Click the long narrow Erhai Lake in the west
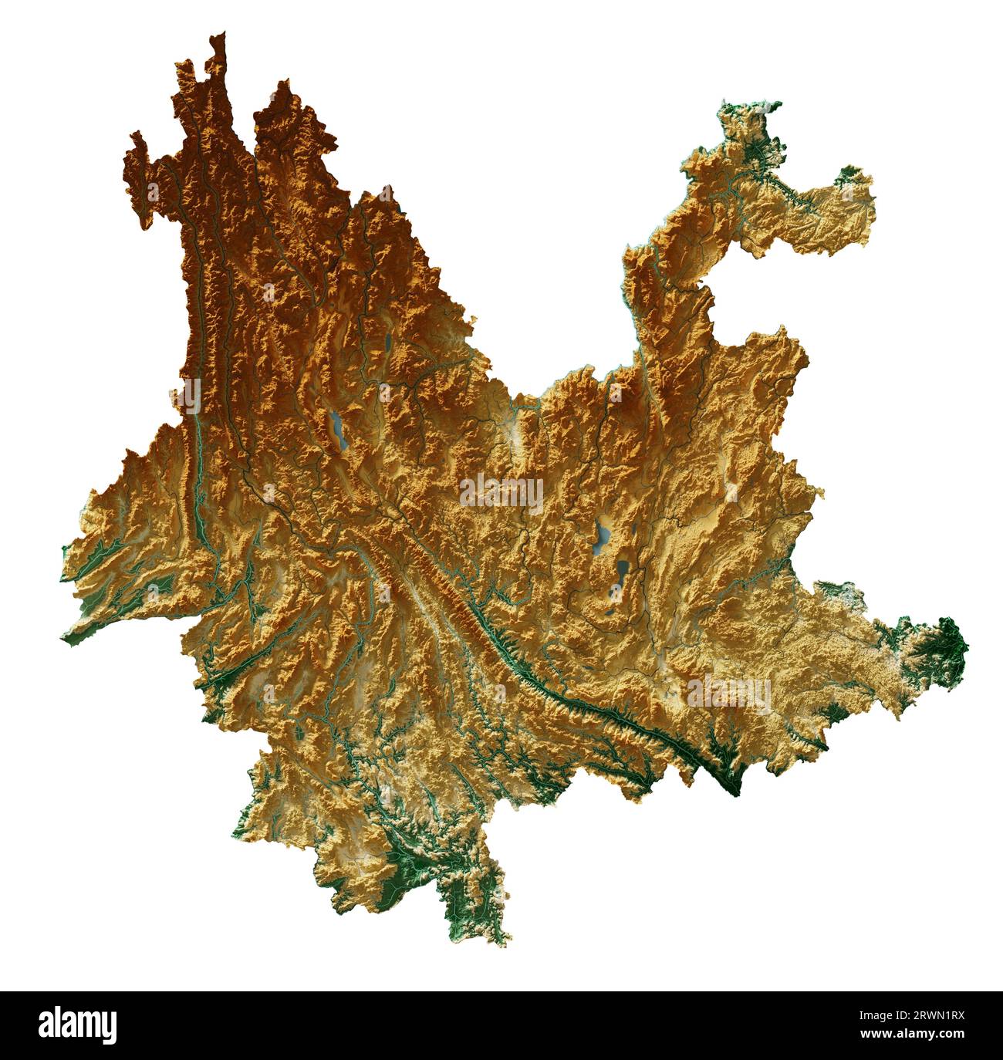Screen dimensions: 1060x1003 pyautogui.click(x=337, y=429)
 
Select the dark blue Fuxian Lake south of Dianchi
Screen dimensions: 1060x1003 pyautogui.click(x=622, y=572)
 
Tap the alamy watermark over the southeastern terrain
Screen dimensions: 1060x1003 pyautogui.click(x=728, y=692)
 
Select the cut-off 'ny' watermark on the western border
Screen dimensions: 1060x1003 pyautogui.click(x=187, y=396)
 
